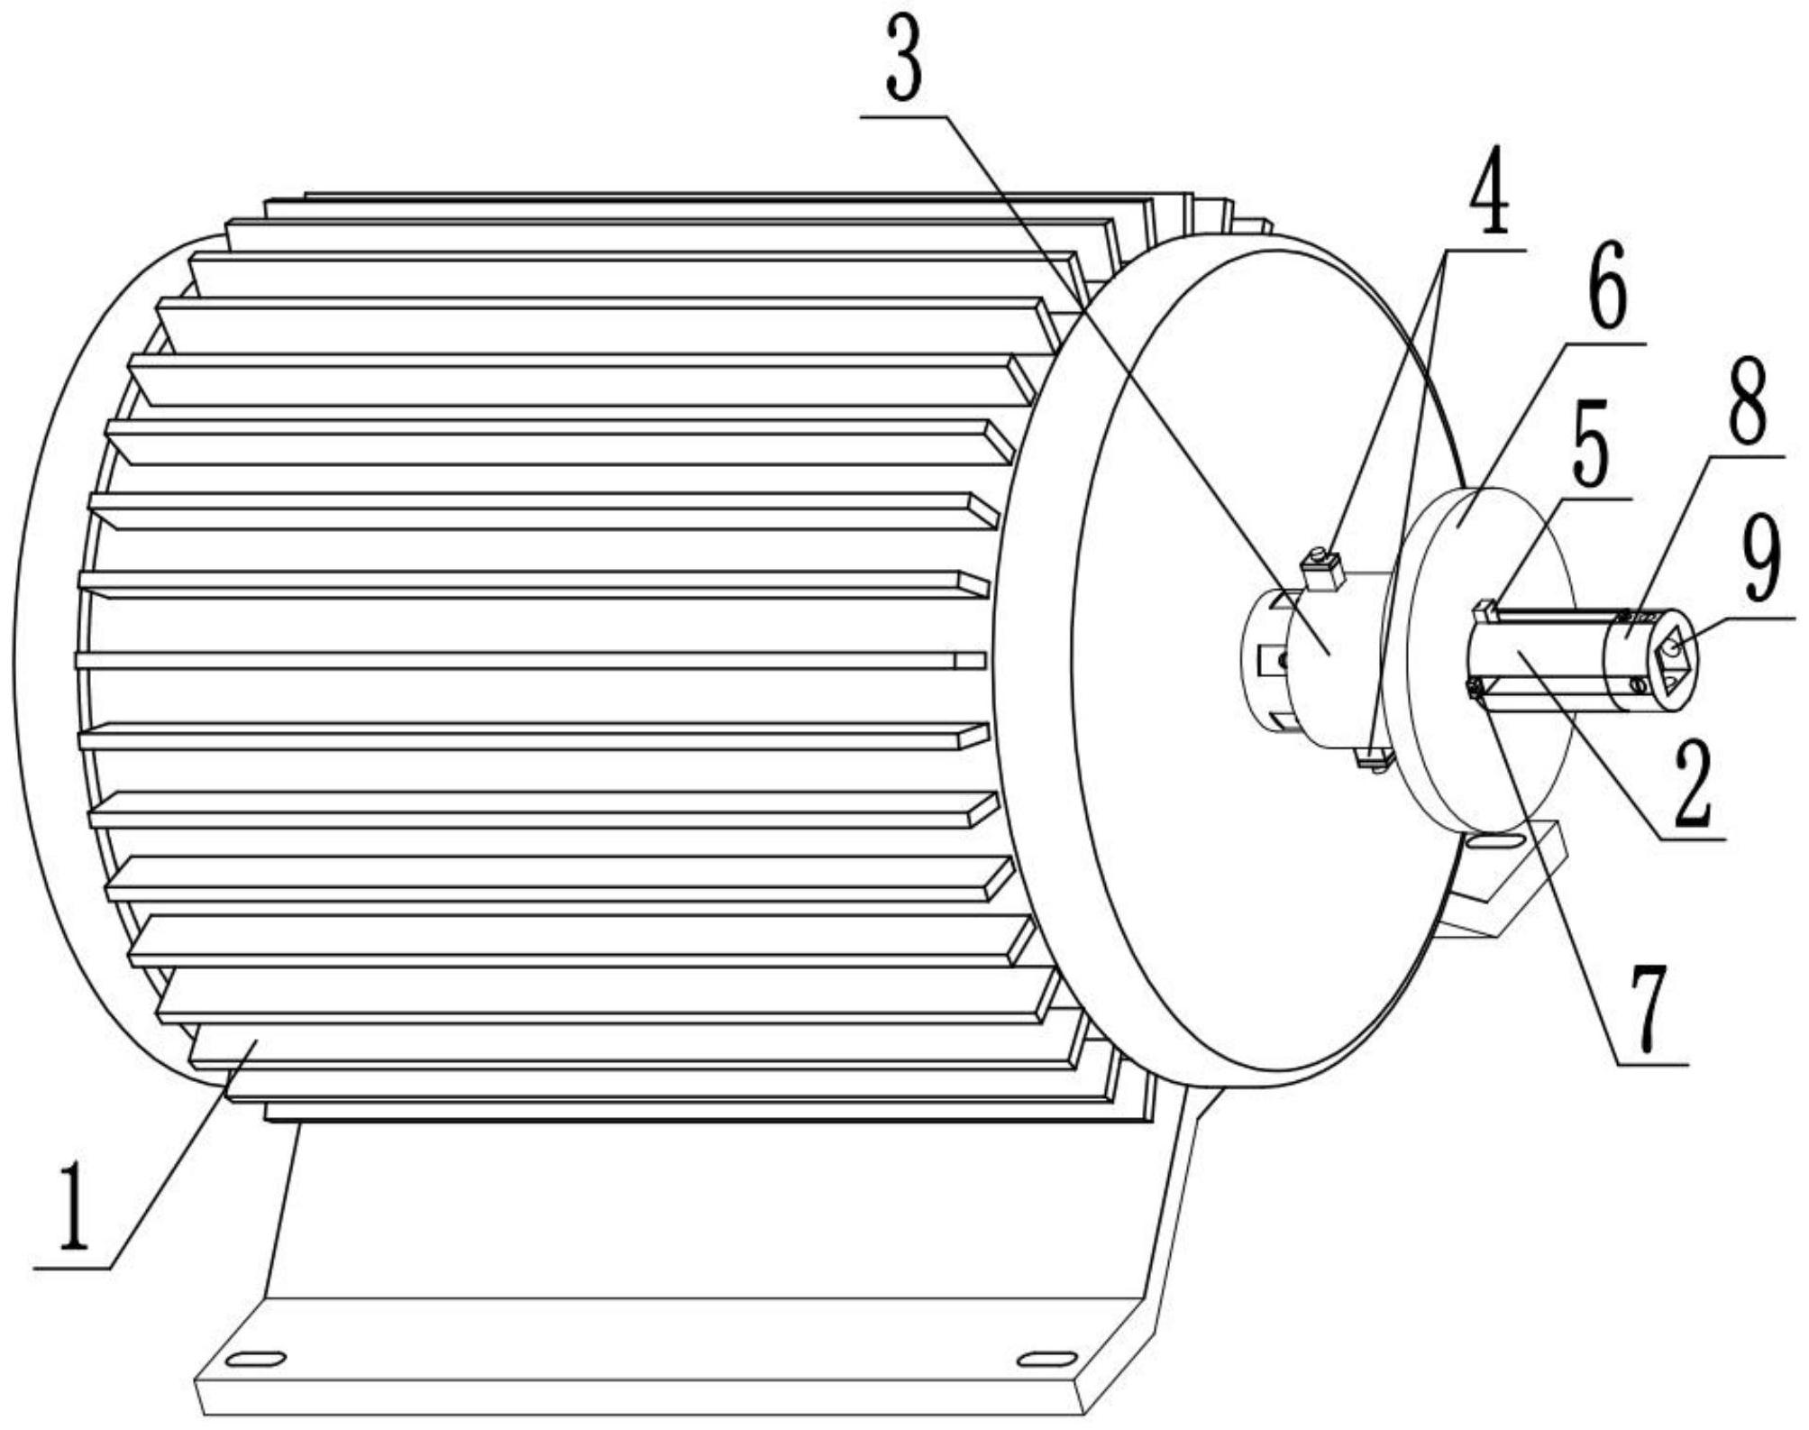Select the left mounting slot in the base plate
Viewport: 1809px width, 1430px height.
[x=255, y=1359]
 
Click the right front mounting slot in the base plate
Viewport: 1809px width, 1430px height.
[x=1046, y=1359]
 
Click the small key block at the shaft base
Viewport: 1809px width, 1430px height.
[x=1485, y=612]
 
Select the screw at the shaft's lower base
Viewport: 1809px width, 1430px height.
[x=1476, y=690]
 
